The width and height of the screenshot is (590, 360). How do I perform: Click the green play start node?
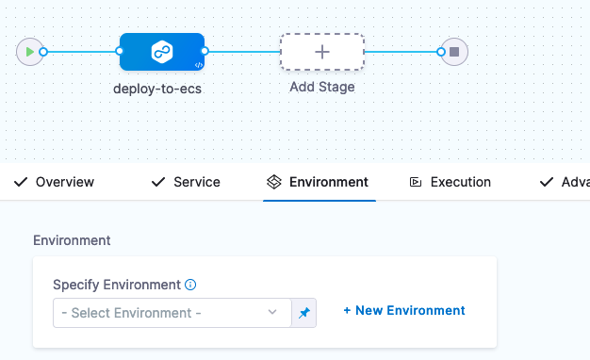pos(30,51)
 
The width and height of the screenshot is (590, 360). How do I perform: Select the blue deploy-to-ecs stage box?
pos(161,51)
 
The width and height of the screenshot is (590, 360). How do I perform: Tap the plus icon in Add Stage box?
pos(321,51)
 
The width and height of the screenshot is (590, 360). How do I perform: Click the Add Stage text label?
pos(321,88)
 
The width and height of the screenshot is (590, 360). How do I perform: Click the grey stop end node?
pos(454,51)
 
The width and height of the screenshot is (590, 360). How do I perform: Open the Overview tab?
pos(64,182)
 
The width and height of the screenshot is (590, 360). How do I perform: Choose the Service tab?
pos(196,182)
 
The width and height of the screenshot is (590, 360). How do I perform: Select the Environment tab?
pos(328,182)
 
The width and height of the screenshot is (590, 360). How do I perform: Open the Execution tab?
pos(460,182)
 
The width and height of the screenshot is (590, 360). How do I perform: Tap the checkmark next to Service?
pos(158,182)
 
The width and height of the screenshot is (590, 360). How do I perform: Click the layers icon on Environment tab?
pos(274,182)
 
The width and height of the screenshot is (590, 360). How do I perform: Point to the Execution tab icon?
pos(415,182)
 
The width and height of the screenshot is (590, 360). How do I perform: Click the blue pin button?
pos(303,312)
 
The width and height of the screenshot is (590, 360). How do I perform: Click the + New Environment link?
pos(403,310)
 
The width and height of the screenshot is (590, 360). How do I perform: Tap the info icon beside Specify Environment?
pos(190,285)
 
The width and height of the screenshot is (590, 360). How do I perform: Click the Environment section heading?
pos(72,240)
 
